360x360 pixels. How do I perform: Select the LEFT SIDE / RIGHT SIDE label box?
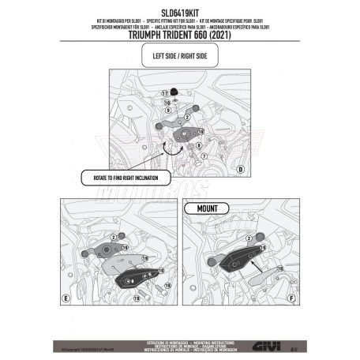[x=180, y=57]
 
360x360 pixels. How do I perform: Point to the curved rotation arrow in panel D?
[x=168, y=150]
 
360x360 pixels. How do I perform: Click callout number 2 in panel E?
[x=113, y=237]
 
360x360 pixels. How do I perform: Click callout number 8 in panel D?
[x=197, y=145]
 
